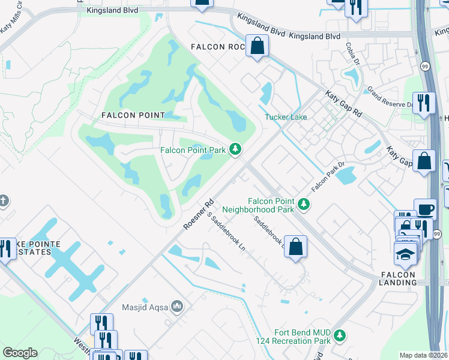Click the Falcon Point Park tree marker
pyautogui.click(x=237, y=149)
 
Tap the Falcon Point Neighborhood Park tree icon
pyautogui.click(x=304, y=205)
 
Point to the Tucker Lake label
pyautogui.click(x=286, y=117)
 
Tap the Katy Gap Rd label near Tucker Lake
pyautogui.click(x=344, y=104)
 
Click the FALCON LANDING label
pyautogui.click(x=398, y=279)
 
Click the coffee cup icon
pyautogui.click(x=425, y=210)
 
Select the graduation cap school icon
pyautogui.click(x=405, y=253)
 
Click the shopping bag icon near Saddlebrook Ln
pyautogui.click(x=295, y=247)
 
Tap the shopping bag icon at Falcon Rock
pyautogui.click(x=257, y=46)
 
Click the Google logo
pyautogui.click(x=20, y=353)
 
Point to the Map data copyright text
pyautogui.click(x=423, y=355)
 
